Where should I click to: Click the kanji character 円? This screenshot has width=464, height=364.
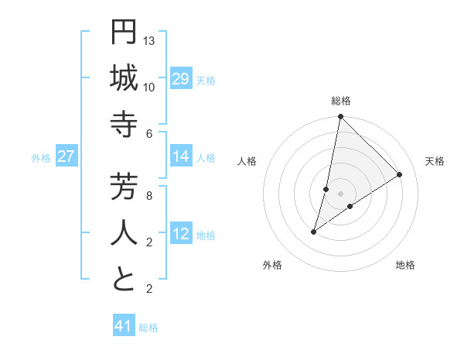[124, 32]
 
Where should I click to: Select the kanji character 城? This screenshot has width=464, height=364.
[124, 77]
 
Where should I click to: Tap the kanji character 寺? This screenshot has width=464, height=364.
[124, 124]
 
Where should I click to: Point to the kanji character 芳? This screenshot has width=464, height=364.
[124, 187]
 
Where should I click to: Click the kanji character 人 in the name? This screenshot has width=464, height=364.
[124, 232]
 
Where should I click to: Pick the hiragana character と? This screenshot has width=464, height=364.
[124, 279]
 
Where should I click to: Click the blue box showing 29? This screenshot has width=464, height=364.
[181, 79]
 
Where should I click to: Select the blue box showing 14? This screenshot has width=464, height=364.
[181, 156]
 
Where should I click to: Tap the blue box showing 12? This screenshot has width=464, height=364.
[181, 234]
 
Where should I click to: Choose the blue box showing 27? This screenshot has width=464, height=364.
[66, 156]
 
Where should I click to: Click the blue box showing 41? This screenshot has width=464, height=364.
[124, 326]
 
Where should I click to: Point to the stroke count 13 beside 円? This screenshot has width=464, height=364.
[149, 40]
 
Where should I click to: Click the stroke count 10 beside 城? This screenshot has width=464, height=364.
[149, 87]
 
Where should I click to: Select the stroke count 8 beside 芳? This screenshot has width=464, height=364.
[149, 195]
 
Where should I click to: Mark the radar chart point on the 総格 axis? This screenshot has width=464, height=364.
[340, 117]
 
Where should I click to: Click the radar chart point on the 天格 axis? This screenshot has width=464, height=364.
[400, 174]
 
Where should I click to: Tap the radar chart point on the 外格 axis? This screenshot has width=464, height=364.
[314, 232]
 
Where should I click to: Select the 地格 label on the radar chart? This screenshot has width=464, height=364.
[405, 265]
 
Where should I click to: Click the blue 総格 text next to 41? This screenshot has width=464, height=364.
[148, 328]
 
